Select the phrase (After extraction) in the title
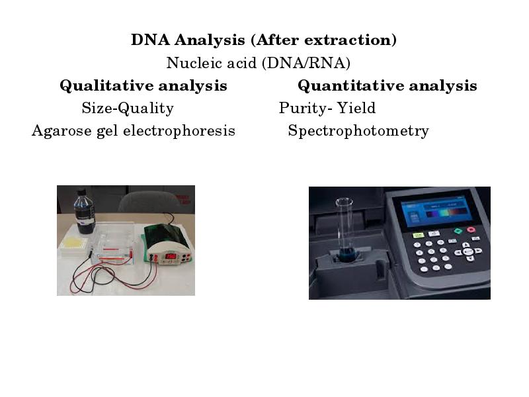324,40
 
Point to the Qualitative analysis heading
143,86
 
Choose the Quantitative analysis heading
387,86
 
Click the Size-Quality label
128,109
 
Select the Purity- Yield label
327,109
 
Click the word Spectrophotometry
358,131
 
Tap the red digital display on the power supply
170,255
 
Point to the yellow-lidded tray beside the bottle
73,245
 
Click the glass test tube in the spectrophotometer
344,228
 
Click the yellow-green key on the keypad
418,234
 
